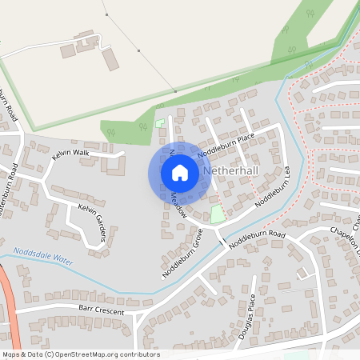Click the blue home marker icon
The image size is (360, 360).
[179, 173]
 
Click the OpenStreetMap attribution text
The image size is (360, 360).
[81, 354]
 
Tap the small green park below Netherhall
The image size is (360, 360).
[216, 214]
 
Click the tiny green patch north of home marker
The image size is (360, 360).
[159, 123]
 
